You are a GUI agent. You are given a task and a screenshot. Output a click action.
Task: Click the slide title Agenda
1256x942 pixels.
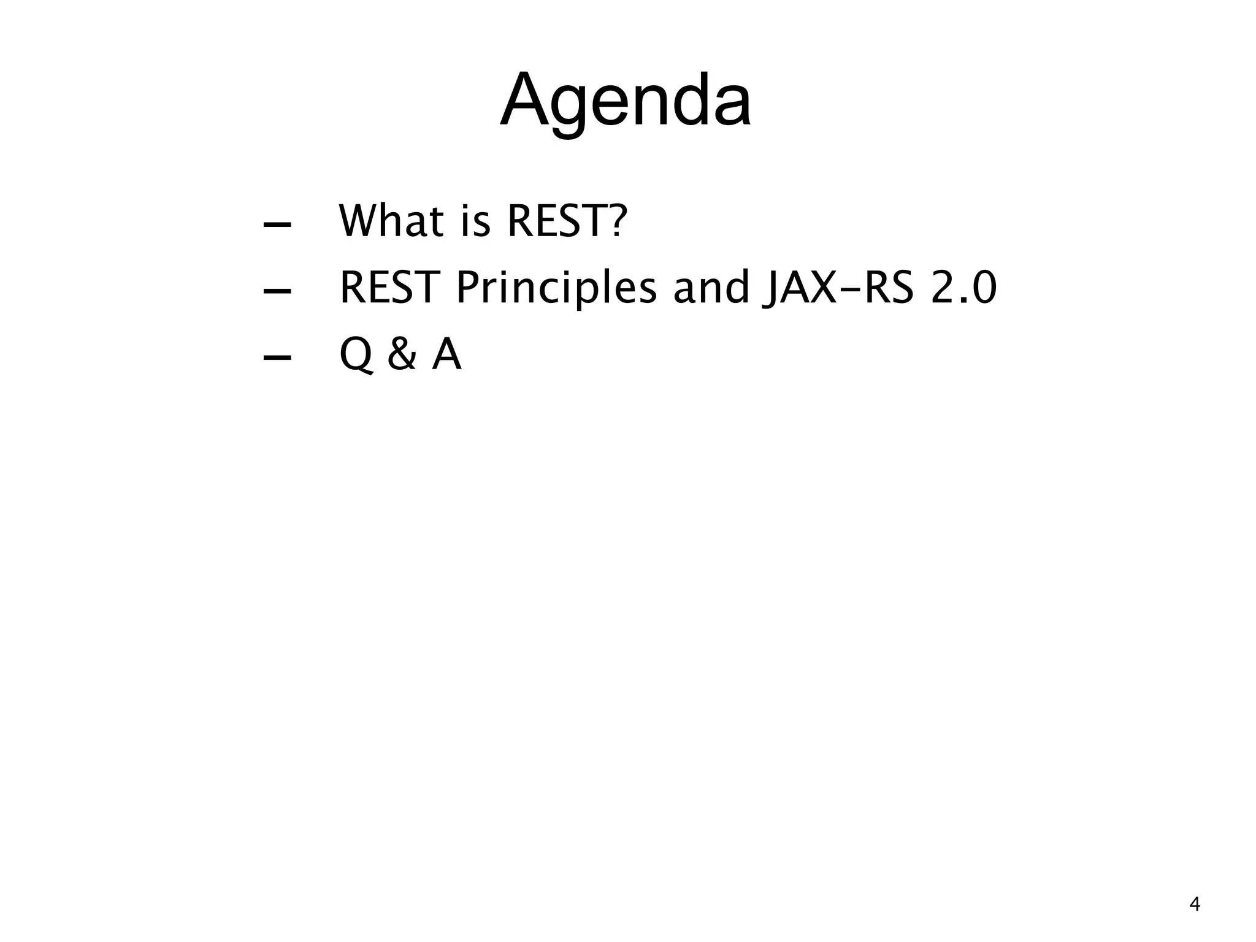(626, 101)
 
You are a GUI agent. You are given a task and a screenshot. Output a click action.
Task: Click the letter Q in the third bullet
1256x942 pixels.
(356, 355)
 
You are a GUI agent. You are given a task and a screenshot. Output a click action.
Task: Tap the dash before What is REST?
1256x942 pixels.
(277, 224)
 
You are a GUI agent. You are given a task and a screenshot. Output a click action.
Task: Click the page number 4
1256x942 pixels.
(1195, 905)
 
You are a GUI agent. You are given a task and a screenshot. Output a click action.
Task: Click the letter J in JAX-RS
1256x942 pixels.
(770, 288)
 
